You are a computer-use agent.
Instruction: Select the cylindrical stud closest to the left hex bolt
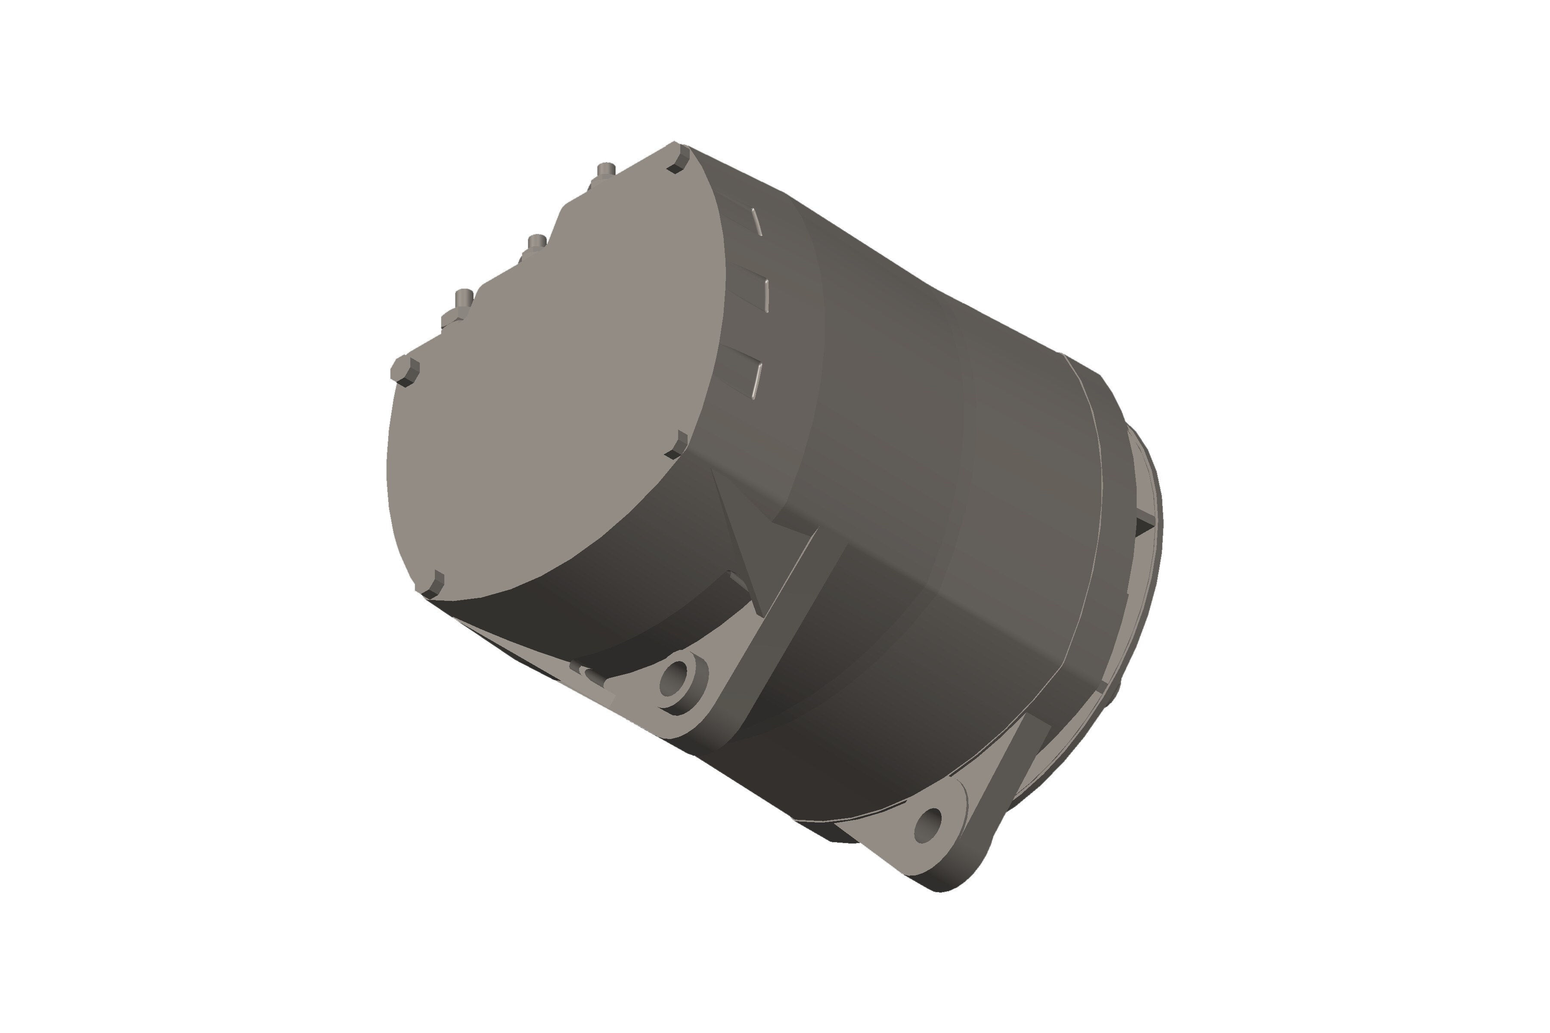coord(464,298)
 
